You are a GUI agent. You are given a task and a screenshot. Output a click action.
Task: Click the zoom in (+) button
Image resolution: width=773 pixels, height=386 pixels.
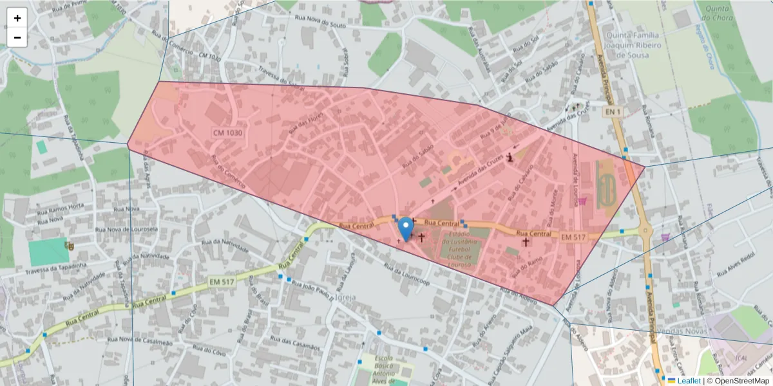coord(17,18)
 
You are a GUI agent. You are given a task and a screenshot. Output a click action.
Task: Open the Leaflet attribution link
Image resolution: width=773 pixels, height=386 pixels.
coord(688,381)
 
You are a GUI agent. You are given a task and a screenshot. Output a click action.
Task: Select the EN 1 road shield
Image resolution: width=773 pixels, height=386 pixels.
coord(613,111)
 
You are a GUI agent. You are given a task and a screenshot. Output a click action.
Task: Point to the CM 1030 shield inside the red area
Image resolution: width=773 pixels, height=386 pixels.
coord(228,133)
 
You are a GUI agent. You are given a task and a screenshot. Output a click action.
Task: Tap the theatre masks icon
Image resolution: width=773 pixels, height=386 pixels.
coord(68,244)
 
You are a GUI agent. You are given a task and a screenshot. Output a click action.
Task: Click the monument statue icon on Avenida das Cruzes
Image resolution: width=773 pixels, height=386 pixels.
coord(510,156)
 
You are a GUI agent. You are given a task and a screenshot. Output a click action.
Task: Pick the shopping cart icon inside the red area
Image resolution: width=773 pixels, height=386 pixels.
coord(584,201)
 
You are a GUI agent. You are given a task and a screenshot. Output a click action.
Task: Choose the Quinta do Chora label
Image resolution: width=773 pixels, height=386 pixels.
coord(716,13)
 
